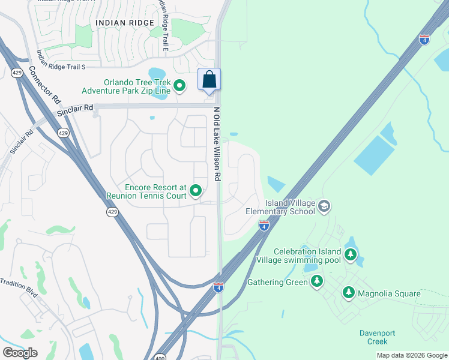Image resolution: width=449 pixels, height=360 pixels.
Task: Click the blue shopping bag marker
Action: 209,80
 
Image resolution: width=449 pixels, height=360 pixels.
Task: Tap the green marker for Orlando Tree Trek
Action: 179,87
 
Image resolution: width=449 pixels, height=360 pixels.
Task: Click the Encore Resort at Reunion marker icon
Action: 196,191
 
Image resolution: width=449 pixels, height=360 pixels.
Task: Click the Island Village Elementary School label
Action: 281,207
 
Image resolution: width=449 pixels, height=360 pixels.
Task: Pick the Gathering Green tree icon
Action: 317,281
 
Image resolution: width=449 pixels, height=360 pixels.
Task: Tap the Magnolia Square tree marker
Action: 348,293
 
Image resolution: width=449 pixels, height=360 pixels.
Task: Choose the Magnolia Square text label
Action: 386,293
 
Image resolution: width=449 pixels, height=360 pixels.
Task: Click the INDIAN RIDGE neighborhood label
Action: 124,23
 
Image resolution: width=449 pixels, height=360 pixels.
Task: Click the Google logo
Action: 20,353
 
